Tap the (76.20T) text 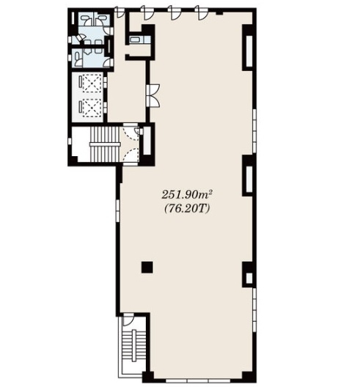[186, 208]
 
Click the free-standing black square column [147, 268]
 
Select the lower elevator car [92, 108]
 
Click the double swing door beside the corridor [153, 96]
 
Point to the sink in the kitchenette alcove [136, 40]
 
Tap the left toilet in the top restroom [87, 20]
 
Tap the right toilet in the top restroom [100, 20]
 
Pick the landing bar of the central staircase [105, 144]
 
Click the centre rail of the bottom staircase [134, 345]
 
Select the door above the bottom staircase [128, 320]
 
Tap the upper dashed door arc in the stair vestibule [132, 135]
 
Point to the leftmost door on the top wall [120, 12]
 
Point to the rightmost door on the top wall [202, 13]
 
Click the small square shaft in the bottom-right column [249, 278]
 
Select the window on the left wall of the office [117, 210]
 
